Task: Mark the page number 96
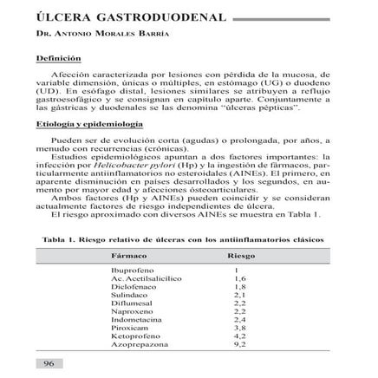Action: pyautogui.click(x=49, y=362)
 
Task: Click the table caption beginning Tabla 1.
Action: pyautogui.click(x=188, y=236)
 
